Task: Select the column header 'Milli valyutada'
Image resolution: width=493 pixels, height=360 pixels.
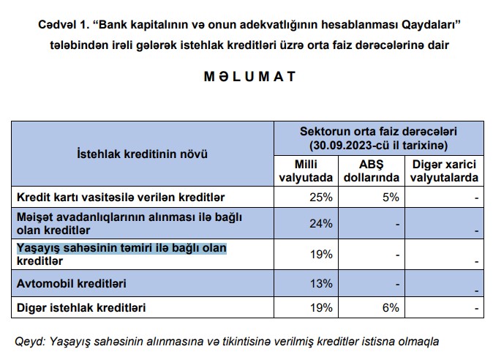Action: click(x=306, y=170)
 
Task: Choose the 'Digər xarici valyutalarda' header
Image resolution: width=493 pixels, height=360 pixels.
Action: click(x=444, y=170)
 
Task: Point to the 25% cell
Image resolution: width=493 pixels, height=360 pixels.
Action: click(x=321, y=197)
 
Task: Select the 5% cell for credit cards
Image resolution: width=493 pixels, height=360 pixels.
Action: click(x=389, y=197)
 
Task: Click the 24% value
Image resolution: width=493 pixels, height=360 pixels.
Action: click(x=321, y=223)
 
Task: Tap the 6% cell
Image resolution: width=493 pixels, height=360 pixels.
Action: click(x=389, y=308)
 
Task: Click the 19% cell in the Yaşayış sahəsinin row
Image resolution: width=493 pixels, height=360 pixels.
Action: click(x=321, y=255)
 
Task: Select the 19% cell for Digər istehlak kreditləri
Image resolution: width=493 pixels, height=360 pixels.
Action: click(x=321, y=308)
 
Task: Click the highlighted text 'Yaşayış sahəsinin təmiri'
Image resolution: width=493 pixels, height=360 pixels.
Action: click(x=121, y=249)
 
